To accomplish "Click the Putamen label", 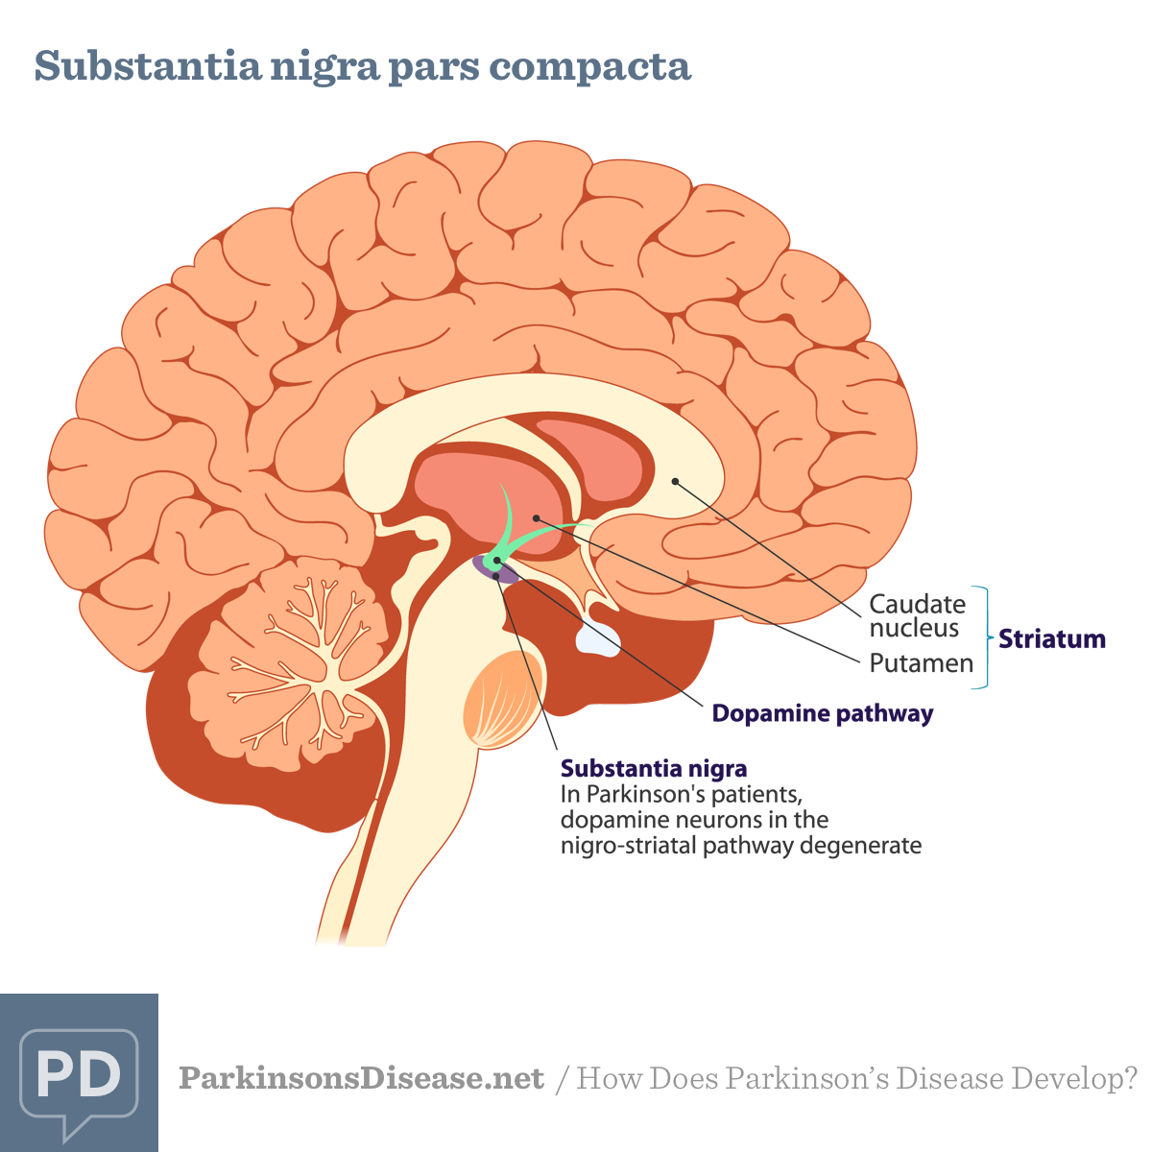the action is click(x=921, y=663).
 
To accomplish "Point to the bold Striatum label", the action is click(x=1051, y=639).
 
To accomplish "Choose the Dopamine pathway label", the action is click(x=822, y=713).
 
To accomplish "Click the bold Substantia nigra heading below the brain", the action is click(x=653, y=768).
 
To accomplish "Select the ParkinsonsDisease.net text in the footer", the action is click(x=361, y=1078).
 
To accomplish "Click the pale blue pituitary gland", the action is click(x=597, y=638).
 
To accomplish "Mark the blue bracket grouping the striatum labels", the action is click(x=982, y=637).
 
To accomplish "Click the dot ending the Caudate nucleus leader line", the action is click(x=675, y=481).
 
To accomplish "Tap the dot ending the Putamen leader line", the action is click(x=536, y=518).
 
